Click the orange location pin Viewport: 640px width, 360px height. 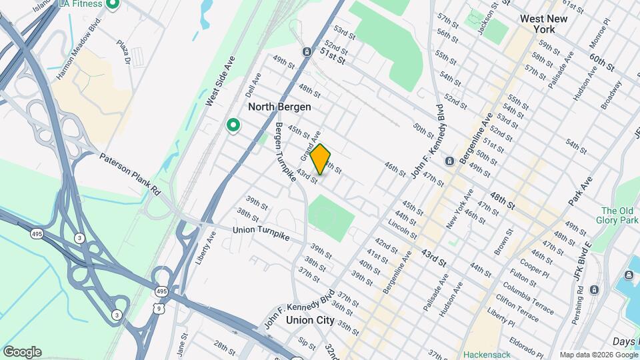[321, 159]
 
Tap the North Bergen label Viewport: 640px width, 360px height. [279, 107]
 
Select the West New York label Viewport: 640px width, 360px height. [544, 25]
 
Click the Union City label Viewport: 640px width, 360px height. [309, 320]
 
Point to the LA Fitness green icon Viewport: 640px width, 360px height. [112, 5]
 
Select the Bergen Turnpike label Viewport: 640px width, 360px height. [285, 152]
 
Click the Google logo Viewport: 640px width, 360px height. [22, 352]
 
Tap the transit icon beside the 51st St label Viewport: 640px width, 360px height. [306, 51]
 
